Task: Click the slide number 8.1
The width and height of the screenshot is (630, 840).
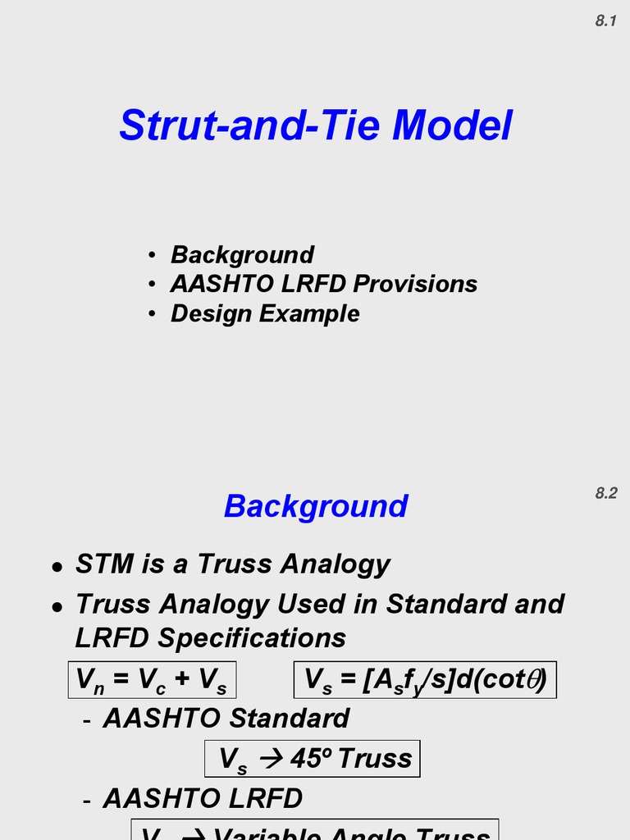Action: coord(605,22)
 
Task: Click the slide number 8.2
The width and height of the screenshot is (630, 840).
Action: coord(605,493)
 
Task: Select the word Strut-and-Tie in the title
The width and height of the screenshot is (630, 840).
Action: coord(249,126)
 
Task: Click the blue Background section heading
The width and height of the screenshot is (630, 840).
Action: coord(316,506)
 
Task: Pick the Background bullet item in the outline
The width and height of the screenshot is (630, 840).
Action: coord(242,254)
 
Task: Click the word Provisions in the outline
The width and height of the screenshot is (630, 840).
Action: coord(416,284)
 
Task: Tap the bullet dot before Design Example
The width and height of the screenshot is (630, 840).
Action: coord(153,314)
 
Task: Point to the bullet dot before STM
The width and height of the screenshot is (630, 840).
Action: coord(56,566)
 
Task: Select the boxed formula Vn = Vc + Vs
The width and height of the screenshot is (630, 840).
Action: coord(152,680)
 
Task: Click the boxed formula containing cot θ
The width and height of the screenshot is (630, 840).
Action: coord(425,680)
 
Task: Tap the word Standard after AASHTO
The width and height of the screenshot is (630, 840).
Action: coord(290,719)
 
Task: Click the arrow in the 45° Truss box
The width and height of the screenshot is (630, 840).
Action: coord(270,760)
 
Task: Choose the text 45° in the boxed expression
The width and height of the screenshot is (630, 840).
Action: coord(307,758)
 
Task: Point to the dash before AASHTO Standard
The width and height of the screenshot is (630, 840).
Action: coord(87,720)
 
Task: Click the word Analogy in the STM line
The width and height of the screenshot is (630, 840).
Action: coord(336,564)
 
